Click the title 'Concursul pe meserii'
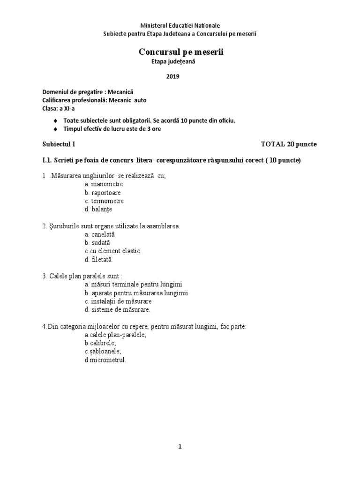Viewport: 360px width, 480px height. tap(181, 52)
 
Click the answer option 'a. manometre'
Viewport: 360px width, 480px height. tap(104, 184)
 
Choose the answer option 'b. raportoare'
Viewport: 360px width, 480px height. tap(103, 193)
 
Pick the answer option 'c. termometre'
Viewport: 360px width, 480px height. tap(105, 201)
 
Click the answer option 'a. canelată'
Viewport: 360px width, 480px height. tap(100, 234)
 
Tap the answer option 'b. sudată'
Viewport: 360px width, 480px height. tap(97, 242)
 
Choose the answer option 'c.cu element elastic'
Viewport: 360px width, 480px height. tap(112, 251)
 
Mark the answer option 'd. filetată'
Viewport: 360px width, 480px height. tap(99, 259)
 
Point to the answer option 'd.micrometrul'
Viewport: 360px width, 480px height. tap(105, 360)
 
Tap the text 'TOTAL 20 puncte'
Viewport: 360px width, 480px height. tap(289, 144)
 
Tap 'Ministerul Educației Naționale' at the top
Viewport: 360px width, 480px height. tap(180, 25)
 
